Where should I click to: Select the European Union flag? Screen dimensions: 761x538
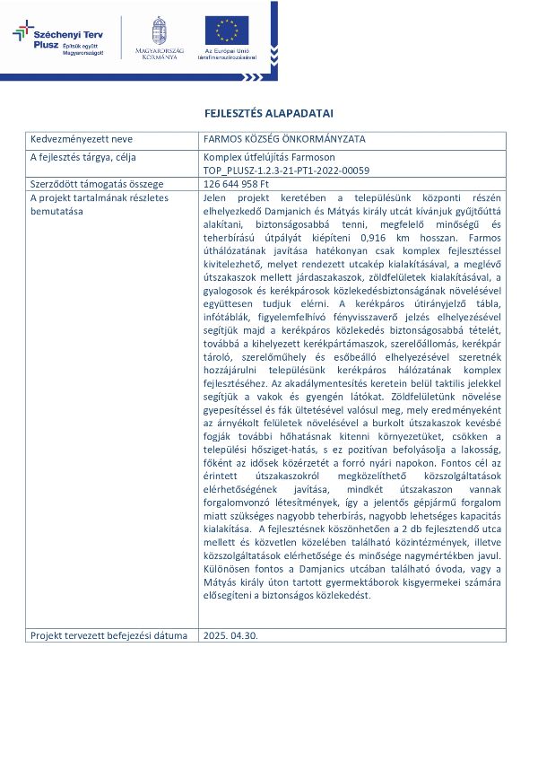[x=227, y=29]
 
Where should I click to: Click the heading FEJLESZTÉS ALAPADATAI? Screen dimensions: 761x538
[x=269, y=114]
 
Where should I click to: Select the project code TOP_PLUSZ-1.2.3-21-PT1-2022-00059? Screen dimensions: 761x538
[x=287, y=170]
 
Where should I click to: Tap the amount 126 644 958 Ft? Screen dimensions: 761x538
[x=239, y=184]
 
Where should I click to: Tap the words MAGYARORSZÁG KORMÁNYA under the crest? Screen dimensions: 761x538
[x=159, y=53]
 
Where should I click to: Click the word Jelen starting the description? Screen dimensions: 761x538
[x=214, y=197]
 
